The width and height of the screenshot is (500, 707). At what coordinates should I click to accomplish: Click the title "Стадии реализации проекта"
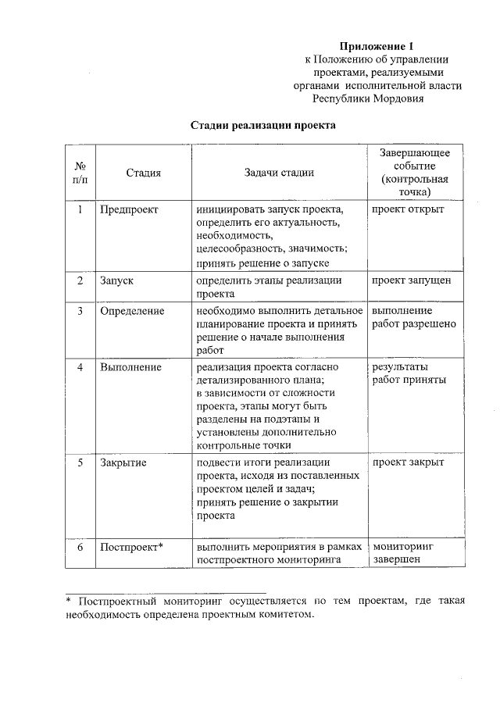(x=263, y=125)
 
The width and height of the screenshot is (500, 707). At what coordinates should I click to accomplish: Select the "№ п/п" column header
(x=80, y=173)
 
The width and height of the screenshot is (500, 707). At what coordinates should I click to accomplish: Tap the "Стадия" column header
(x=144, y=173)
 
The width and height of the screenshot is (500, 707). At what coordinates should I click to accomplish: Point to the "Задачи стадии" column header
(x=279, y=173)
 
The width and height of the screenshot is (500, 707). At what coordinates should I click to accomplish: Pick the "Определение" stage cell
(x=132, y=311)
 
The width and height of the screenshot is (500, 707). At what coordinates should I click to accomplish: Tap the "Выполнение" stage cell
(x=131, y=366)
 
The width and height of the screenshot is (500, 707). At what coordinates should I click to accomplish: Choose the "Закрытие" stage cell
(x=123, y=462)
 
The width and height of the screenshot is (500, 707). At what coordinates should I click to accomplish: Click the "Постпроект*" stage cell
(x=131, y=546)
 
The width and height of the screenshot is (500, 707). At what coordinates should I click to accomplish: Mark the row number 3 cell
(x=80, y=311)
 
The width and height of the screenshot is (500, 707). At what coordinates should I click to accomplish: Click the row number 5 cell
(x=80, y=462)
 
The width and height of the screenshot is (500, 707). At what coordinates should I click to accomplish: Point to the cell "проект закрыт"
(x=408, y=462)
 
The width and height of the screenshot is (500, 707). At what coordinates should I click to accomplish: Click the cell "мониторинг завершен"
(x=403, y=552)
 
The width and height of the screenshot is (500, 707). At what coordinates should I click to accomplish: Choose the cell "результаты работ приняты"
(x=409, y=373)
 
